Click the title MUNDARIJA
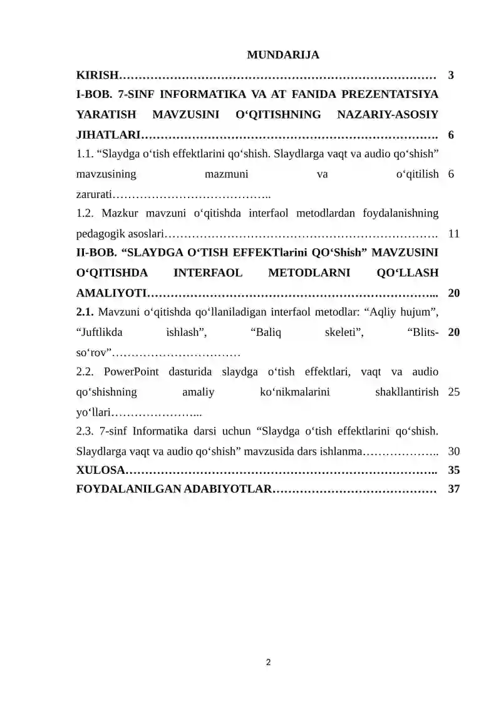(x=282, y=55)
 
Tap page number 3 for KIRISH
(x=452, y=76)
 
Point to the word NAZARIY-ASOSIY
(x=388, y=115)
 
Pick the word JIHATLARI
(x=108, y=135)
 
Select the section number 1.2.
(x=85, y=214)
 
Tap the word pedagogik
(x=98, y=234)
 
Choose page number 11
(x=455, y=234)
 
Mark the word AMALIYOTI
(x=111, y=293)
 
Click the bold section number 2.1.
(x=85, y=312)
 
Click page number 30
(x=455, y=451)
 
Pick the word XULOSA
(x=100, y=470)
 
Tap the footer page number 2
(x=269, y=662)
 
